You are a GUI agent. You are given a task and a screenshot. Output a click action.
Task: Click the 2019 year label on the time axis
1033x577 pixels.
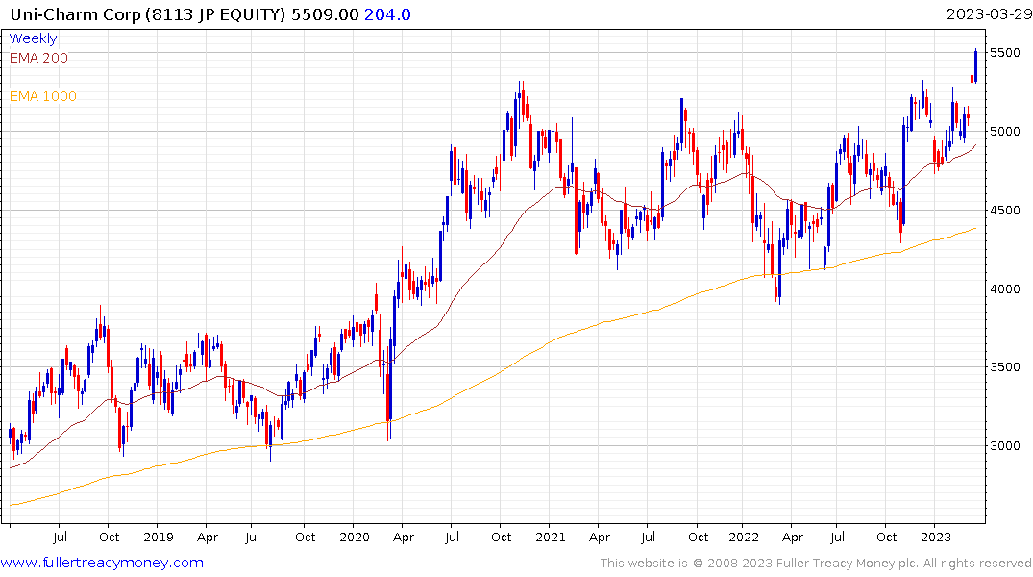158,537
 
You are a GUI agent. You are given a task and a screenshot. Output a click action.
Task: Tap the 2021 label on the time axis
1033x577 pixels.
550,537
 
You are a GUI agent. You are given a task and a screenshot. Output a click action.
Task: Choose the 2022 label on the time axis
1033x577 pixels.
744,537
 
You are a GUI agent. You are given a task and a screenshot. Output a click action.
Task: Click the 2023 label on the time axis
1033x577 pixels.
937,537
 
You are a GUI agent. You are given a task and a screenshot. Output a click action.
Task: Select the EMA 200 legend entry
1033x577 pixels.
38,58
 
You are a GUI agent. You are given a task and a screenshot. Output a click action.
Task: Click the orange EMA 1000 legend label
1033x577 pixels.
43,96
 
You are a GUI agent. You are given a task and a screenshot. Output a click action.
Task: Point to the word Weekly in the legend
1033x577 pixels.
34,38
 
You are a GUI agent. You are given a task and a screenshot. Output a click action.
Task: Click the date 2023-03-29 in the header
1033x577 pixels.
988,14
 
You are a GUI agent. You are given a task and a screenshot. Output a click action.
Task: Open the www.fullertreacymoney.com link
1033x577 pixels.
102,563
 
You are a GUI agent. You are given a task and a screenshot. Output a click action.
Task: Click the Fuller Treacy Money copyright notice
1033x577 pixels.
816,563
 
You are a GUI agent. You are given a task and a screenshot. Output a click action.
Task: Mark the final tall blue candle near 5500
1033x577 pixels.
976,63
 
